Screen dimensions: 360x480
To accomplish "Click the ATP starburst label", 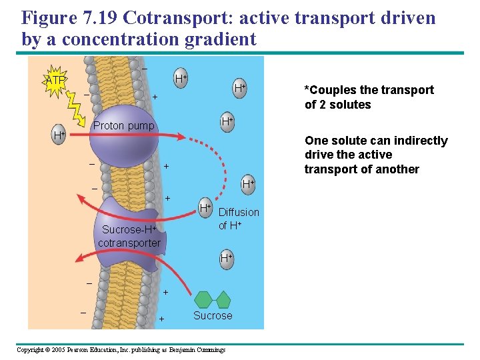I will [55, 80].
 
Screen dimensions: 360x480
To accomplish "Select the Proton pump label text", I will [123, 125].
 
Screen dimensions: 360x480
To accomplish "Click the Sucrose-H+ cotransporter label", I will [129, 236].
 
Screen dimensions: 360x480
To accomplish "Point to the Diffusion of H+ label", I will [239, 219].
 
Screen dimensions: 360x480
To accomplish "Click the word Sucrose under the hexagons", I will [213, 315].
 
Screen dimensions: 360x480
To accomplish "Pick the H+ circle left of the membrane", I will [59, 135].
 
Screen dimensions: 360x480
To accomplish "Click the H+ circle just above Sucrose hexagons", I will [226, 257].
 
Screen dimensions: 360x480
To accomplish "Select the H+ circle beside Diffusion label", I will [205, 208].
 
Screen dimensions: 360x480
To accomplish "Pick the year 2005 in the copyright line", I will [60, 350].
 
